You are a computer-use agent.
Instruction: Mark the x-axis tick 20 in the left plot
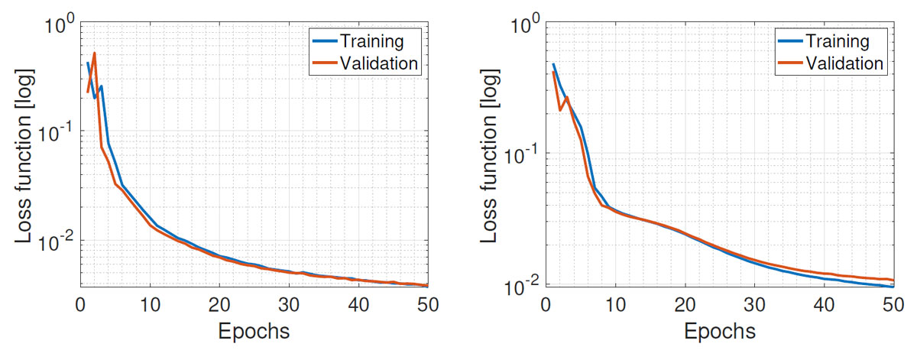[219, 303]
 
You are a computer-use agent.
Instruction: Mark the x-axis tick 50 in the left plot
[426, 303]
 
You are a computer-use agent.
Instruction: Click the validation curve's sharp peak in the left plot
[94, 54]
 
